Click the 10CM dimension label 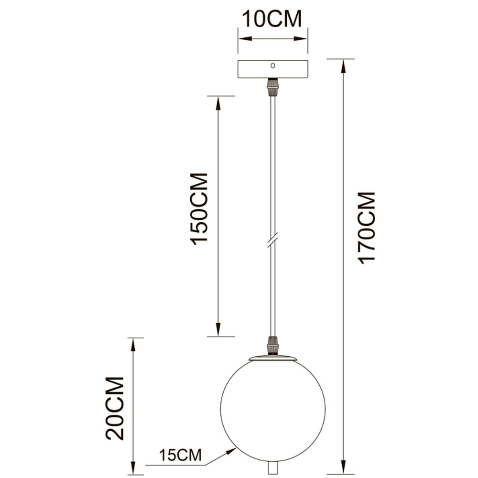click(272, 19)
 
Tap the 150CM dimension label click(199, 209)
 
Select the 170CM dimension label click(367, 228)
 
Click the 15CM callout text click(181, 456)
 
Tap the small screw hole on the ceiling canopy click(273, 65)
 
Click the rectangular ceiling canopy click(273, 69)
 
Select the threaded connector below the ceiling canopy click(273, 87)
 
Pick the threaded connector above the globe click(273, 346)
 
